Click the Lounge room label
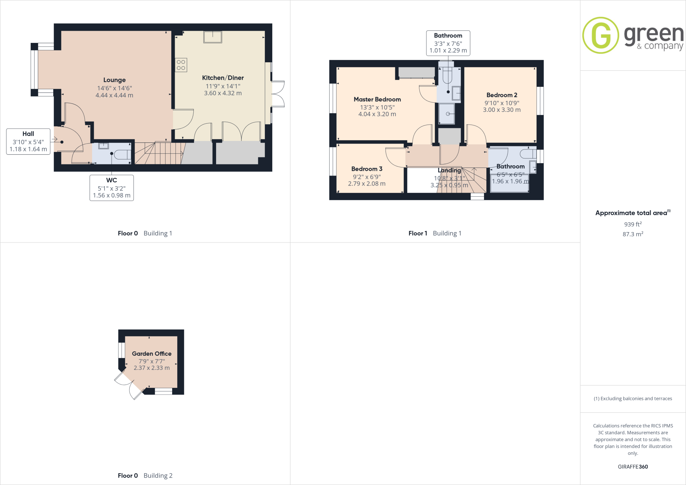pos(114,80)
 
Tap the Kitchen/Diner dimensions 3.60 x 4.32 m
pos(223,93)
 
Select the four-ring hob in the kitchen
pos(181,65)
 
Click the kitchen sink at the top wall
pos(213,37)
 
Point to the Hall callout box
pos(28,141)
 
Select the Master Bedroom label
pos(377,99)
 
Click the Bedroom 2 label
pos(501,95)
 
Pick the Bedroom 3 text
pos(366,169)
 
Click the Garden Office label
pos(151,354)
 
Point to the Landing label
pos(449,170)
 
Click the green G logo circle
pos(601,35)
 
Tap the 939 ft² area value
pos(632,224)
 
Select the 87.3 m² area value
pos(632,234)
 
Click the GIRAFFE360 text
pos(633,467)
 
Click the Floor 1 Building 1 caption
pos(434,233)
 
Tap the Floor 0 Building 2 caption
pos(145,476)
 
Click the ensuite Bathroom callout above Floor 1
pos(448,43)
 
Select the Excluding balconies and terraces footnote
pos(633,399)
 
